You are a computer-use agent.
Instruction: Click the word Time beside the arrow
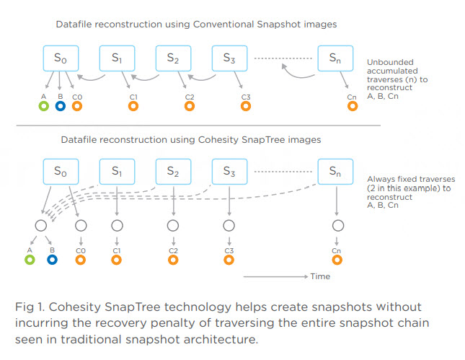click(x=320, y=276)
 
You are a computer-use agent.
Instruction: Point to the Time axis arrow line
click(x=276, y=276)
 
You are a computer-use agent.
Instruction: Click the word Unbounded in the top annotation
click(x=390, y=62)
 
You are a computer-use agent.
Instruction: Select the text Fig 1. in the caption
click(x=30, y=307)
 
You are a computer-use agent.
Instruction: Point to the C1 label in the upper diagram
click(x=133, y=97)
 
